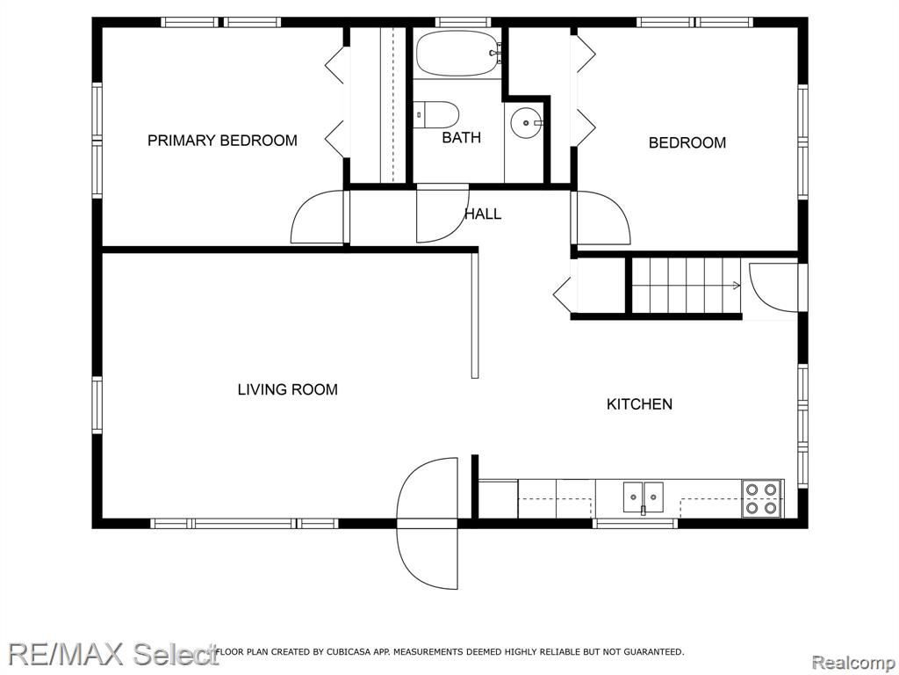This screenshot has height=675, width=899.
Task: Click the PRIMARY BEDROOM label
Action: click(222, 141)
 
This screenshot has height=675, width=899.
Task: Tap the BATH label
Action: click(461, 138)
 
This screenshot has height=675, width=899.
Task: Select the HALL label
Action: click(483, 214)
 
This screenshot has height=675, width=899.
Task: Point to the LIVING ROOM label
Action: click(288, 389)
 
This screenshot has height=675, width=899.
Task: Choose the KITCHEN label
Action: click(639, 404)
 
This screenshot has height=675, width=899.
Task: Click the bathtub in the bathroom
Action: click(458, 53)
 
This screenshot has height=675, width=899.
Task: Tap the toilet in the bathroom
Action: click(436, 114)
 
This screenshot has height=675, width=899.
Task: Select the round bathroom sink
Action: click(527, 122)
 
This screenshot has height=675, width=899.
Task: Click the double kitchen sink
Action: click(644, 497)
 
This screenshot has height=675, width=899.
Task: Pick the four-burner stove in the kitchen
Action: click(762, 498)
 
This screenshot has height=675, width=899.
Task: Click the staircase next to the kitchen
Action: click(687, 286)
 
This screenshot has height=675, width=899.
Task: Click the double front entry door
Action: click(428, 523)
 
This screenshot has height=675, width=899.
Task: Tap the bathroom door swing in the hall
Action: click(442, 214)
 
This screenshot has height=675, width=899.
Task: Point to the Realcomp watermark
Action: click(853, 663)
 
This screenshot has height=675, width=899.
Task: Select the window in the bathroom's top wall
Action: click(463, 22)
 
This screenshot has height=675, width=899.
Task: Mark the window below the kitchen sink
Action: click(635, 523)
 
